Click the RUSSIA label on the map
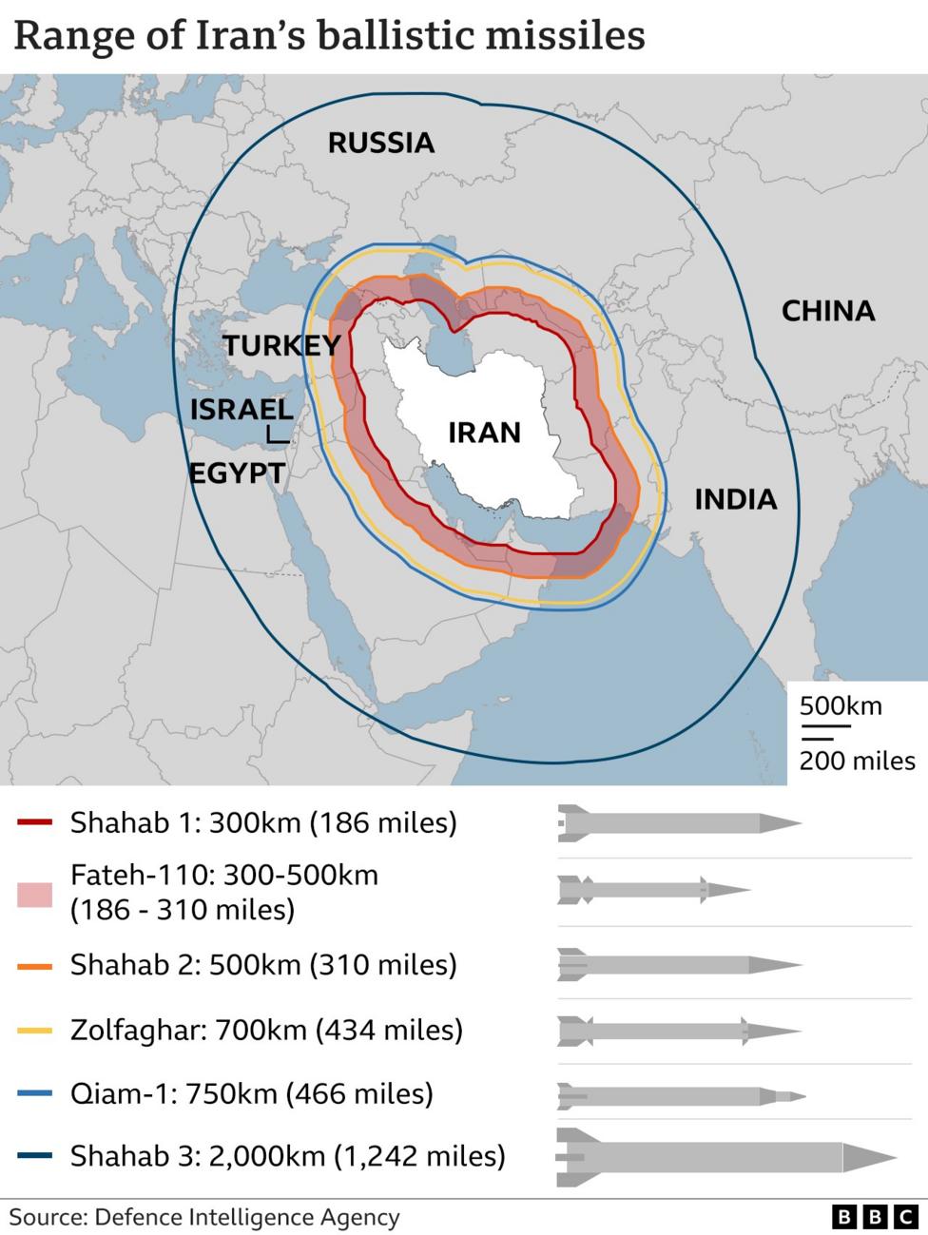point(380,143)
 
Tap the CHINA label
point(827,311)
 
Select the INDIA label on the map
point(735,499)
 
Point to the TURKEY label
point(281,345)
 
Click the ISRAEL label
point(242,410)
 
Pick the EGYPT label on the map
point(237,473)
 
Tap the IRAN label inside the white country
point(484,433)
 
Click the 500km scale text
point(840,706)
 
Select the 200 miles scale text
point(856,761)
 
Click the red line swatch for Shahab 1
point(35,822)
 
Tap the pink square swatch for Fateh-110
point(35,894)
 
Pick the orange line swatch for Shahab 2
point(35,966)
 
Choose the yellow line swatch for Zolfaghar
point(35,1030)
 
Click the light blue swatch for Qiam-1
point(35,1094)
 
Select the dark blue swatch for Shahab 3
point(35,1157)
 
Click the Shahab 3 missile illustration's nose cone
point(870,1157)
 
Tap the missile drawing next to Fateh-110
point(653,891)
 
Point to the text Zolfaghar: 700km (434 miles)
point(266,1030)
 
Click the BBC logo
point(873,1217)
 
